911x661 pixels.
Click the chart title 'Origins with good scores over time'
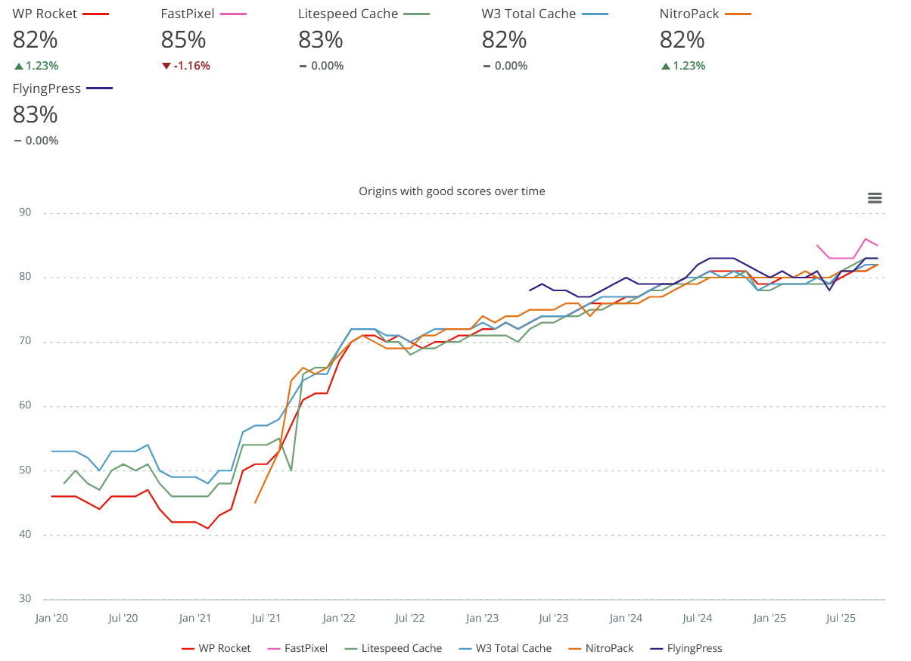pyautogui.click(x=452, y=191)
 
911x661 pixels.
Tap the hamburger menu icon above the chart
pyautogui.click(x=875, y=198)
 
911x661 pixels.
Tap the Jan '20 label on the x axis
pyautogui.click(x=51, y=619)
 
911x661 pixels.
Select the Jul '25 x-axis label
pyautogui.click(x=841, y=619)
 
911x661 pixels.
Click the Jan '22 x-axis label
pyautogui.click(x=339, y=619)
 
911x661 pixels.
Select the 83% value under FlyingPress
pyautogui.click(x=35, y=114)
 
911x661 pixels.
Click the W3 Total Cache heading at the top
pyautogui.click(x=528, y=14)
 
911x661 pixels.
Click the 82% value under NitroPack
pyautogui.click(x=682, y=39)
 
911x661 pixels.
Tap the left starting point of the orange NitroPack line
pyautogui.click(x=255, y=502)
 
